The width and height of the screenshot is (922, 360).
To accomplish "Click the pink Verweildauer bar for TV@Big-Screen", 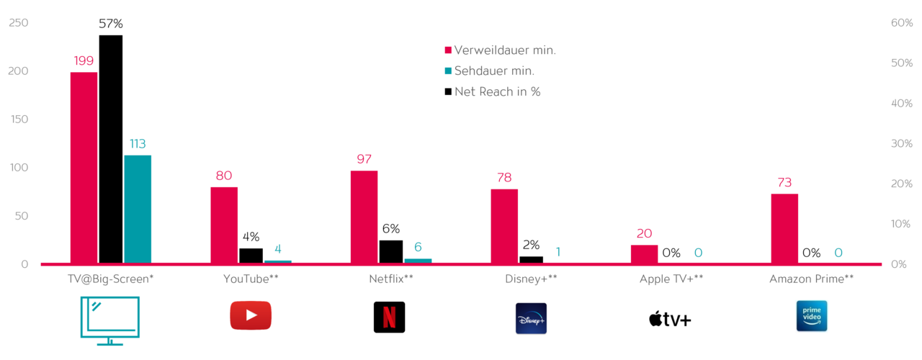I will (84, 168).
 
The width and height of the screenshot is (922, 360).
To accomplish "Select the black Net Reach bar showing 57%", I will (111, 149).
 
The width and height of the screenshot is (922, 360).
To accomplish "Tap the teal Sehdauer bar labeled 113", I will (138, 209).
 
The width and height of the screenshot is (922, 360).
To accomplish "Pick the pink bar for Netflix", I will (364, 217).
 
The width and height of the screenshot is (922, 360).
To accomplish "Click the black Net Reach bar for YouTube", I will (251, 256).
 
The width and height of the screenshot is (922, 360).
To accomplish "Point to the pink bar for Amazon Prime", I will (784, 228).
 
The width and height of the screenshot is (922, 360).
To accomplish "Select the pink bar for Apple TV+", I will (644, 254).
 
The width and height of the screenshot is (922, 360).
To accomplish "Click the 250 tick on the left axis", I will (19, 23).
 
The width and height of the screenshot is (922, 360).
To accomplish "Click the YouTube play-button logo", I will (251, 316).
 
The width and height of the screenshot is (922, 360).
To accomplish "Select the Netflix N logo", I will (389, 317).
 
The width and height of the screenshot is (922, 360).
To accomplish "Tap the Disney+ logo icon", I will (531, 318).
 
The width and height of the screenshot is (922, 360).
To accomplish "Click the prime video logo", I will (811, 316).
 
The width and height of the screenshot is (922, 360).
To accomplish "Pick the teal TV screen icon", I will (110, 321).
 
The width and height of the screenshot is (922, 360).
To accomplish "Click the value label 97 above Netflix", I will (364, 159).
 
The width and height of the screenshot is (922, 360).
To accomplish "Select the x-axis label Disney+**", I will (532, 279).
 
